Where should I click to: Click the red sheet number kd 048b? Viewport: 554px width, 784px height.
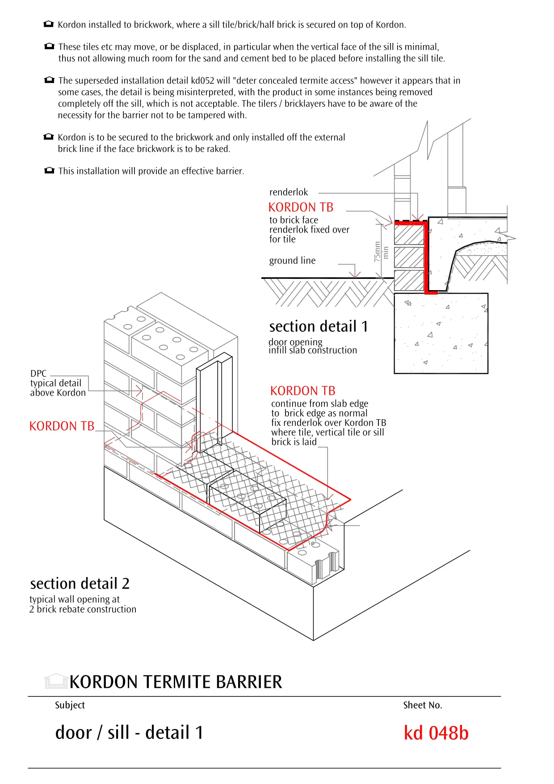(436, 733)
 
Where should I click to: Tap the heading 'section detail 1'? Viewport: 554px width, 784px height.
(318, 327)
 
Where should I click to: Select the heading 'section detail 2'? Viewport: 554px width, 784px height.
(80, 584)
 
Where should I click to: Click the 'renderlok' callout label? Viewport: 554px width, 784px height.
(289, 192)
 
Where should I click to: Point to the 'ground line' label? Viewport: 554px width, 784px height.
(292, 261)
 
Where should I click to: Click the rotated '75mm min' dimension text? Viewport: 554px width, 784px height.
(381, 252)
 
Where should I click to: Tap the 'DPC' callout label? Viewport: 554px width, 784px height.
(38, 373)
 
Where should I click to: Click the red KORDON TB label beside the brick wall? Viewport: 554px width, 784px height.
(62, 426)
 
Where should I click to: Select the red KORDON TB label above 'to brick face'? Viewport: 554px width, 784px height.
(301, 207)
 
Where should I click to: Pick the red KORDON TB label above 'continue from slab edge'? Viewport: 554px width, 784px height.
(302, 391)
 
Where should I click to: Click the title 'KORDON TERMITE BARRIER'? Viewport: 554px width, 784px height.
(176, 682)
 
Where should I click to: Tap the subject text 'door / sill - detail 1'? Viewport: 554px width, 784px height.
(129, 733)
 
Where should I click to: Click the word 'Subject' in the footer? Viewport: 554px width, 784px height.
(70, 705)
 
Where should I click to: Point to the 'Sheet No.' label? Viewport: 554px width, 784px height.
(422, 705)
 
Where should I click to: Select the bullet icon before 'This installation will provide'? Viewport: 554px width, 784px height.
(49, 171)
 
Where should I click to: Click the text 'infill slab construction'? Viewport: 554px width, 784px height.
(313, 350)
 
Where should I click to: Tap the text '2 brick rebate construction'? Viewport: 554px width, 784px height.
(83, 609)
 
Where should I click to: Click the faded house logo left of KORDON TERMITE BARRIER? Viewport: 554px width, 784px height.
(55, 682)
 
